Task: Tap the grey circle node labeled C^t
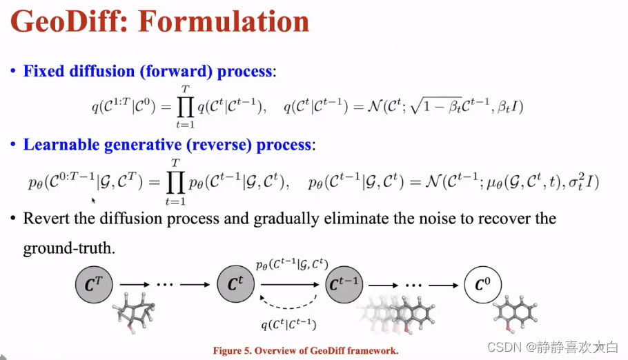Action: (x=236, y=283)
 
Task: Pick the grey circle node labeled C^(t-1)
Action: (x=344, y=283)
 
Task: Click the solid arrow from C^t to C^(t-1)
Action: (x=290, y=283)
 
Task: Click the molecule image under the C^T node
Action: (x=134, y=312)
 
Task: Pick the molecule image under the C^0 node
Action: (x=517, y=314)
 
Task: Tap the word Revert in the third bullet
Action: (x=46, y=219)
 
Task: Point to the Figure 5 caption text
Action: (x=306, y=351)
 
